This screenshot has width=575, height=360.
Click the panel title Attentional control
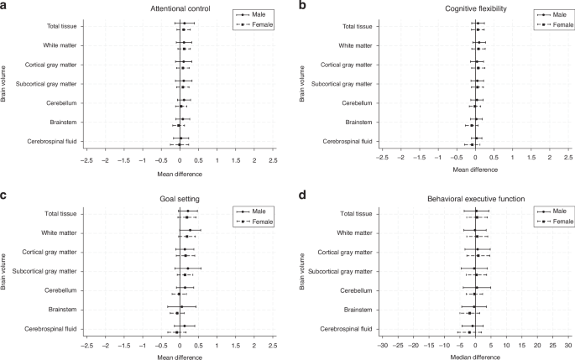coord(180,8)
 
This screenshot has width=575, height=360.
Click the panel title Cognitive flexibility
coord(475,8)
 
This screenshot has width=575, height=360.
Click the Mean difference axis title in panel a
coord(180,174)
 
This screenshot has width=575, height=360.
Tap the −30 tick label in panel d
coord(383,344)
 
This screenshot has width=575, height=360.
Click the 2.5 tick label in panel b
coord(568,157)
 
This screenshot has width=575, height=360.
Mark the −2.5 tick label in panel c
coord(86,344)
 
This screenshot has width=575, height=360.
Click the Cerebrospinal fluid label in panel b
coord(349,139)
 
